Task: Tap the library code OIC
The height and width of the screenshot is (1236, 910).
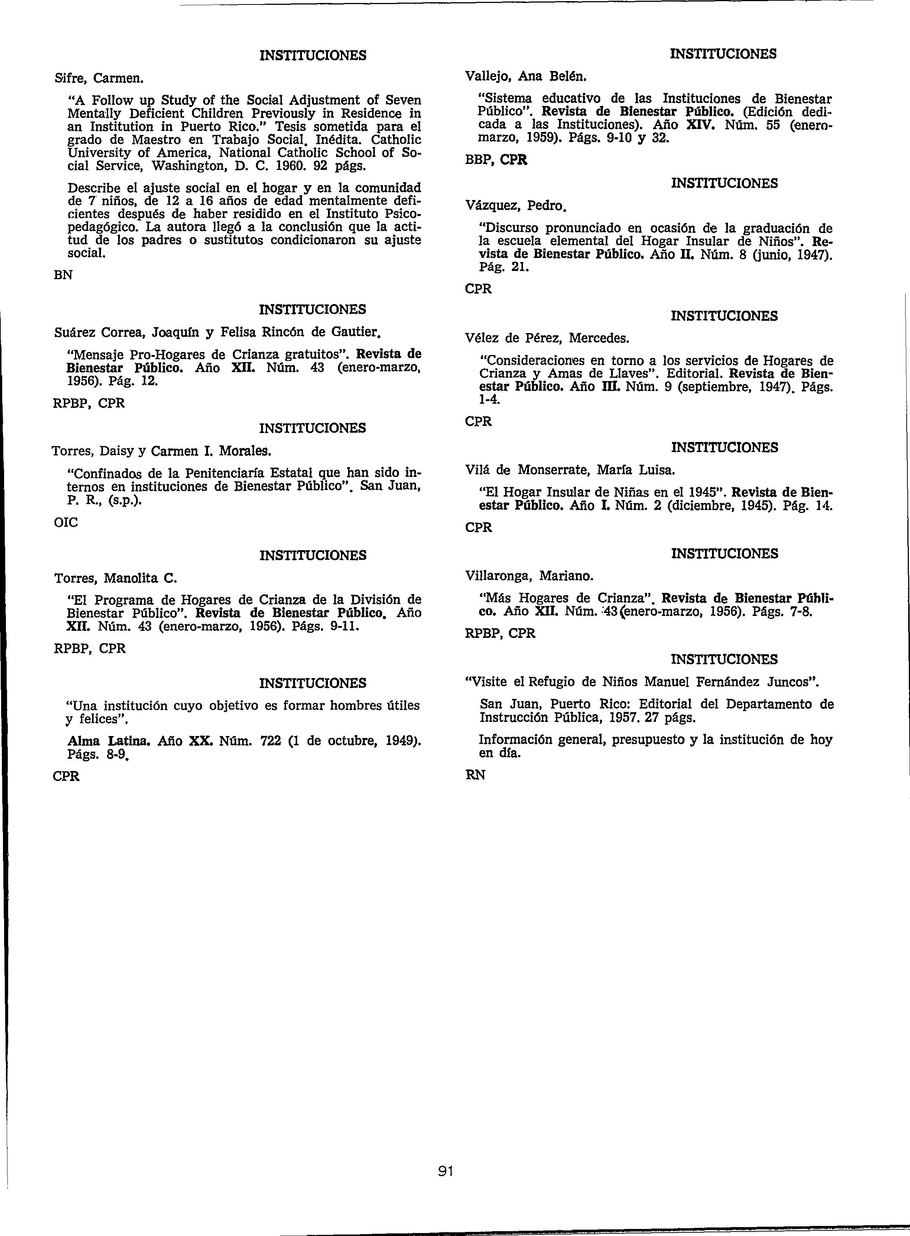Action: tap(65, 522)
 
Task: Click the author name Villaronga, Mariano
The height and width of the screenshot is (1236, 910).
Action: tap(529, 576)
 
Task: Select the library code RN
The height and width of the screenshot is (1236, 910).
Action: tap(475, 775)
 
